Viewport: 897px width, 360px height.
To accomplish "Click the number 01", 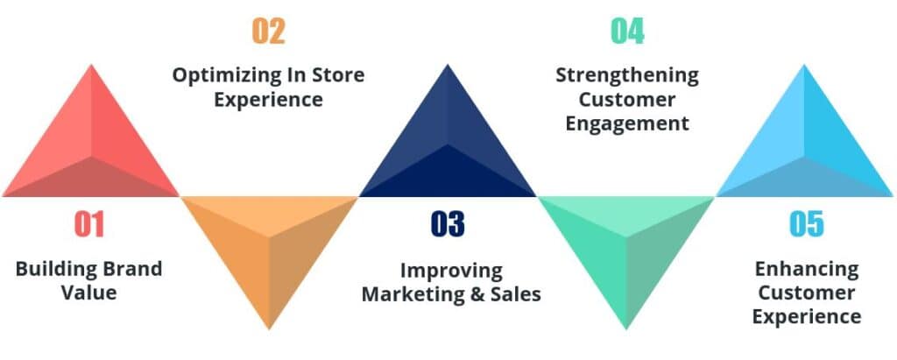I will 89,225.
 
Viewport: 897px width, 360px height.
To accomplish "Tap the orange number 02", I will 269,32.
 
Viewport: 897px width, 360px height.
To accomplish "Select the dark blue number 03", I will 448,225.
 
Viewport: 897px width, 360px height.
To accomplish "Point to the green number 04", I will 627,32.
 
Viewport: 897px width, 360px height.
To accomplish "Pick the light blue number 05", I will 806,225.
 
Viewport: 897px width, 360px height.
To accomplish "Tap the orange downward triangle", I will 269,254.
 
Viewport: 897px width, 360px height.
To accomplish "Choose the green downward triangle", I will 627,254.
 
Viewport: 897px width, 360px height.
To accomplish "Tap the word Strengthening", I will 627,75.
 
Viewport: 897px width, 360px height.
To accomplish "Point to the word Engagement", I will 627,123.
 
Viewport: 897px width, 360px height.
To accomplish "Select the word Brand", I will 126,268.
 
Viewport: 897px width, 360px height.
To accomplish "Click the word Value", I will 88,292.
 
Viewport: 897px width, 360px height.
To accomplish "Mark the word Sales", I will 516,293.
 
